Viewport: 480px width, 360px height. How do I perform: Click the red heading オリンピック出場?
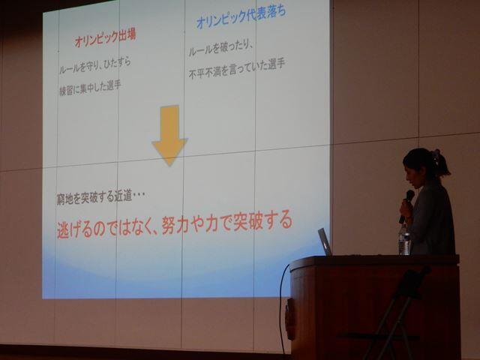coord(105,38)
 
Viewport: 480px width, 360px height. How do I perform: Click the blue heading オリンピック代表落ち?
coord(241,16)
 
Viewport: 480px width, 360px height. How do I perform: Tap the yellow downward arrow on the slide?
coord(169,135)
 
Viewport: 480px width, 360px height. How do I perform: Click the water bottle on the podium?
coord(404,239)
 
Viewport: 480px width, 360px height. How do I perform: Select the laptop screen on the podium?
coord(325,241)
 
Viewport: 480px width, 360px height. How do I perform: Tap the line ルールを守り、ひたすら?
coord(94,65)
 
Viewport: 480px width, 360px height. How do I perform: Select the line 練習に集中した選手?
coord(90,88)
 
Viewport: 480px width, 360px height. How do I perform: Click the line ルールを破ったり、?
coord(220,48)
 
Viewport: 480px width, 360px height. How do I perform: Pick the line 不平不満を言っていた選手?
coord(237,69)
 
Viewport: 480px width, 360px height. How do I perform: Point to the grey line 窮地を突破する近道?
coord(100,198)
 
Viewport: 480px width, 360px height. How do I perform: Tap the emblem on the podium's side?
coord(290,319)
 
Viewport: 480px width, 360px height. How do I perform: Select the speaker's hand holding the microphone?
coord(406,208)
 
